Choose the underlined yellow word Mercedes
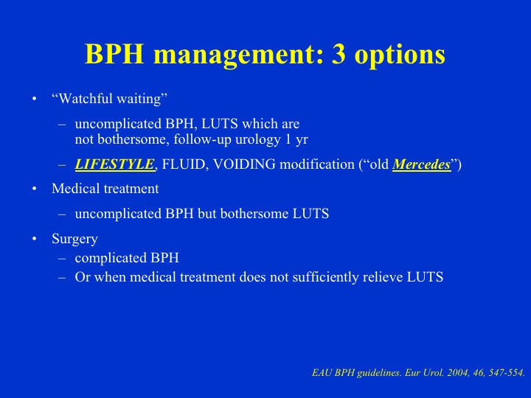pos(421,165)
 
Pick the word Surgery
pos(74,240)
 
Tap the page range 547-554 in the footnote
pos(504,373)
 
